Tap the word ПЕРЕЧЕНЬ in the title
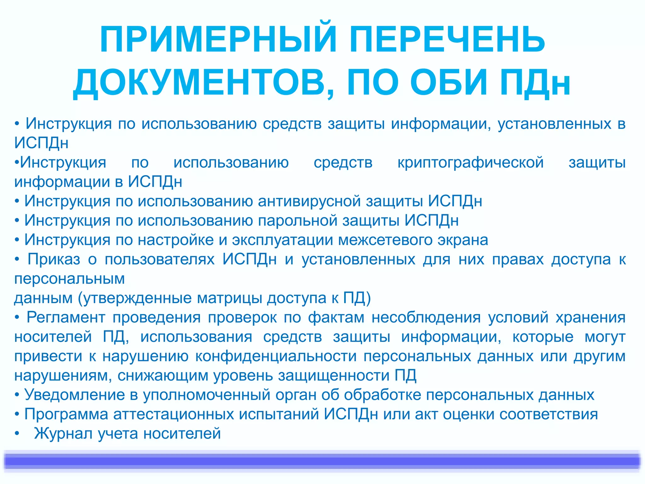pyautogui.click(x=447, y=40)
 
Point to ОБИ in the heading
pyautogui.click(x=449, y=83)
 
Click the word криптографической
pyautogui.click(x=471, y=163)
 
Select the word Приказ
pyautogui.click(x=54, y=259)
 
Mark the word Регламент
pyautogui.click(x=66, y=317)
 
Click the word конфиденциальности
pyautogui.click(x=276, y=356)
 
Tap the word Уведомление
pyautogui.click(x=75, y=395)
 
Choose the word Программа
pyautogui.click(x=66, y=414)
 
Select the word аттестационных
pyautogui.click(x=174, y=414)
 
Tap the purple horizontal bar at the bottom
pyautogui.click(x=322, y=461)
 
